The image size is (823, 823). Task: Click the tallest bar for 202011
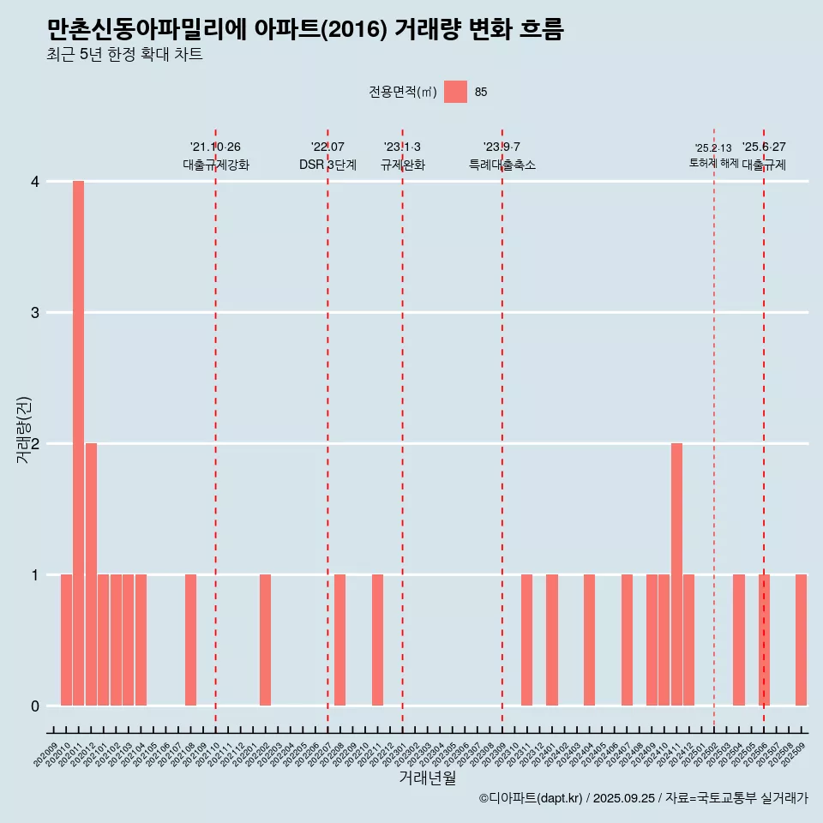[x=78, y=443]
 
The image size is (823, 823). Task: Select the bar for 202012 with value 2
[x=91, y=574]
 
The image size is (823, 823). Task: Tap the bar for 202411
[x=676, y=574]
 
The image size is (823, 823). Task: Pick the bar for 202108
[x=190, y=640]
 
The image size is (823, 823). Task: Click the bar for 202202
[x=265, y=640]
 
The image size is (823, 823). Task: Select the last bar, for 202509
[x=801, y=640]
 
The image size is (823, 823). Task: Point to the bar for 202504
[x=738, y=640]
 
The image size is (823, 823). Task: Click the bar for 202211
[x=377, y=640]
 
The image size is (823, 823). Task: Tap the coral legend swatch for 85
[x=455, y=92]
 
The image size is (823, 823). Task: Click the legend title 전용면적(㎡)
[x=403, y=93]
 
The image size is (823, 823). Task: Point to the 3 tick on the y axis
[x=35, y=313]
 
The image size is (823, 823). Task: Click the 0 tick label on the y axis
[x=35, y=706]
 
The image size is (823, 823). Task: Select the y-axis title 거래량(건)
[x=23, y=430]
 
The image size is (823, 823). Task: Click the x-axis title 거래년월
[x=427, y=778]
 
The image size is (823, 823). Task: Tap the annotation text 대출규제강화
[x=215, y=165]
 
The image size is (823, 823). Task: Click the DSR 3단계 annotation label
[x=327, y=165]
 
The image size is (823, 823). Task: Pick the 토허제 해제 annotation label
[x=713, y=163]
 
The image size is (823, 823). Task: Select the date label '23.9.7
[x=502, y=147]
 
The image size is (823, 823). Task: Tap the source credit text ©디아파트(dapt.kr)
[x=531, y=798]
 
